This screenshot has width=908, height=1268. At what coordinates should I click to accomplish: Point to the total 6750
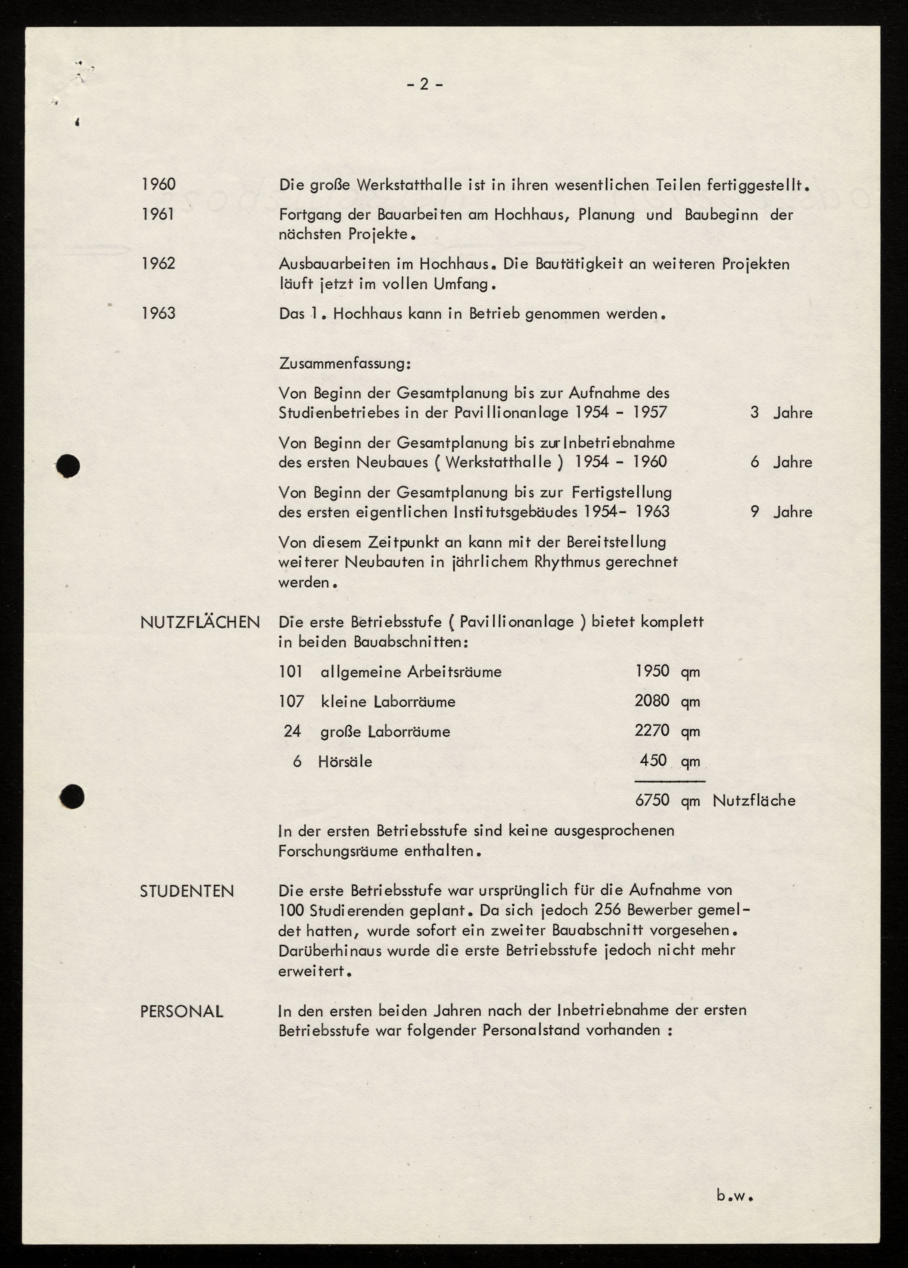click(652, 800)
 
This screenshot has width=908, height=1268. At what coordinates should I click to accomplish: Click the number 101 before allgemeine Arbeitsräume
click(291, 671)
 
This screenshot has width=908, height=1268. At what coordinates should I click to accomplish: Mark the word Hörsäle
click(345, 762)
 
